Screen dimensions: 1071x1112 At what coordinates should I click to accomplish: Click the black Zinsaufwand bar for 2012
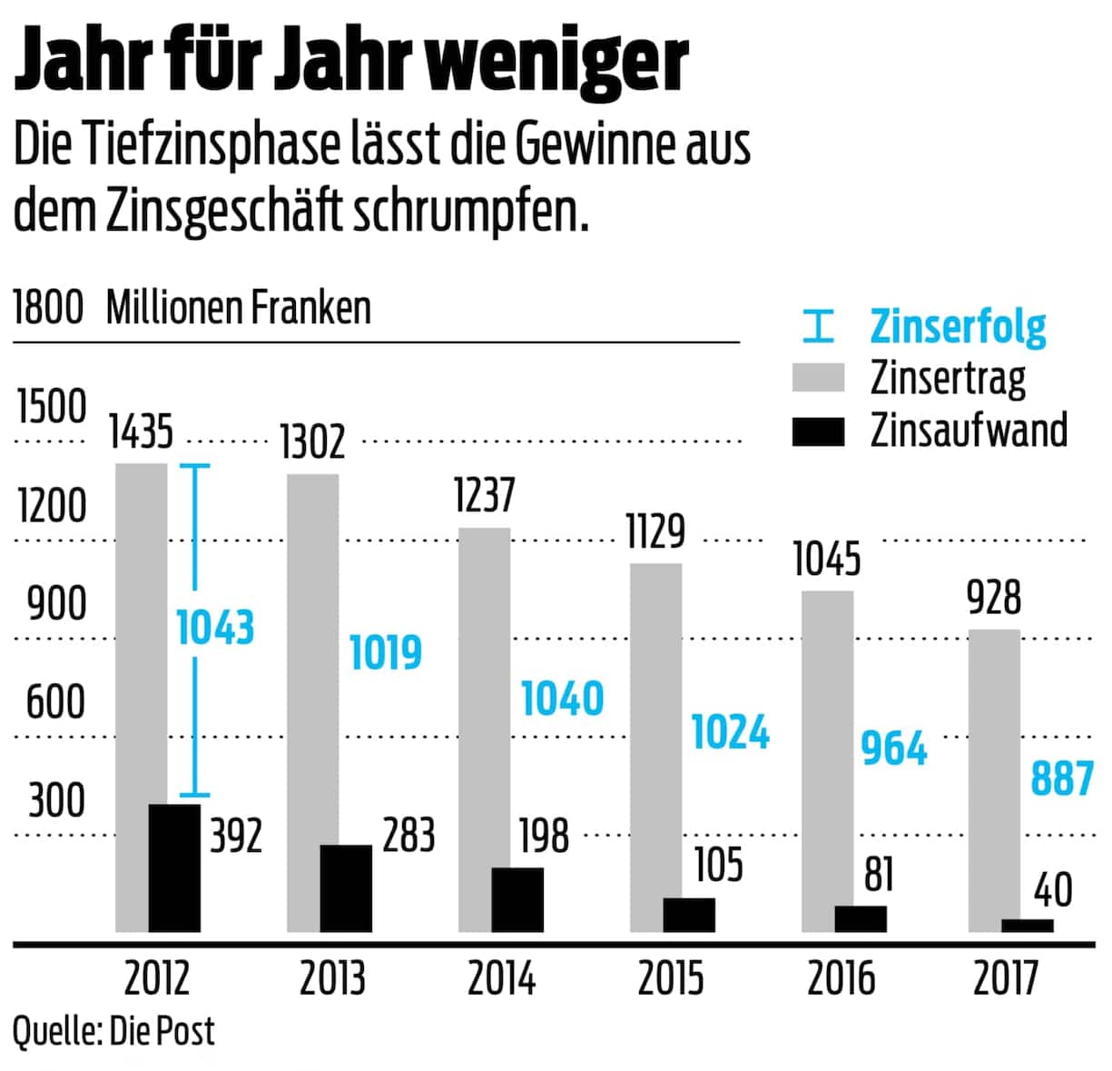tap(174, 868)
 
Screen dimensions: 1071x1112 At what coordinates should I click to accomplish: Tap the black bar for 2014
tap(517, 899)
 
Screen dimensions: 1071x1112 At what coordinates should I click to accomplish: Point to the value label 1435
tap(141, 431)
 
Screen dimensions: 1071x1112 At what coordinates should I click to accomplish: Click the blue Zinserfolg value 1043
tap(215, 628)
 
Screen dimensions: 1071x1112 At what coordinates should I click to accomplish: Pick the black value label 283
tap(408, 835)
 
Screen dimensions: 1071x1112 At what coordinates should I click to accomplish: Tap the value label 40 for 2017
tap(1053, 889)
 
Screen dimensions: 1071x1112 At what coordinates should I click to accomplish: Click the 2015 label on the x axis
tap(671, 978)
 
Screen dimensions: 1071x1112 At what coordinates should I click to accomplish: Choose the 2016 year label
tap(841, 978)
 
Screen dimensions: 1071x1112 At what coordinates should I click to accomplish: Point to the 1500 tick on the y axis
tap(52, 407)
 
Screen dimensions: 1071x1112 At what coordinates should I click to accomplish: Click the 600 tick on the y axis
tap(55, 702)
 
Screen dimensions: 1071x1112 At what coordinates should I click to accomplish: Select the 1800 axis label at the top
tap(48, 308)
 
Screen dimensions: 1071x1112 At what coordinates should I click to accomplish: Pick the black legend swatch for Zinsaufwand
tap(818, 431)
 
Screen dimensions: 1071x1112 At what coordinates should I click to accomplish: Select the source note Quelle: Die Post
tap(113, 1031)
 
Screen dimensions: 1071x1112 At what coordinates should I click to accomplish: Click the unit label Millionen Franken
tap(239, 308)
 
